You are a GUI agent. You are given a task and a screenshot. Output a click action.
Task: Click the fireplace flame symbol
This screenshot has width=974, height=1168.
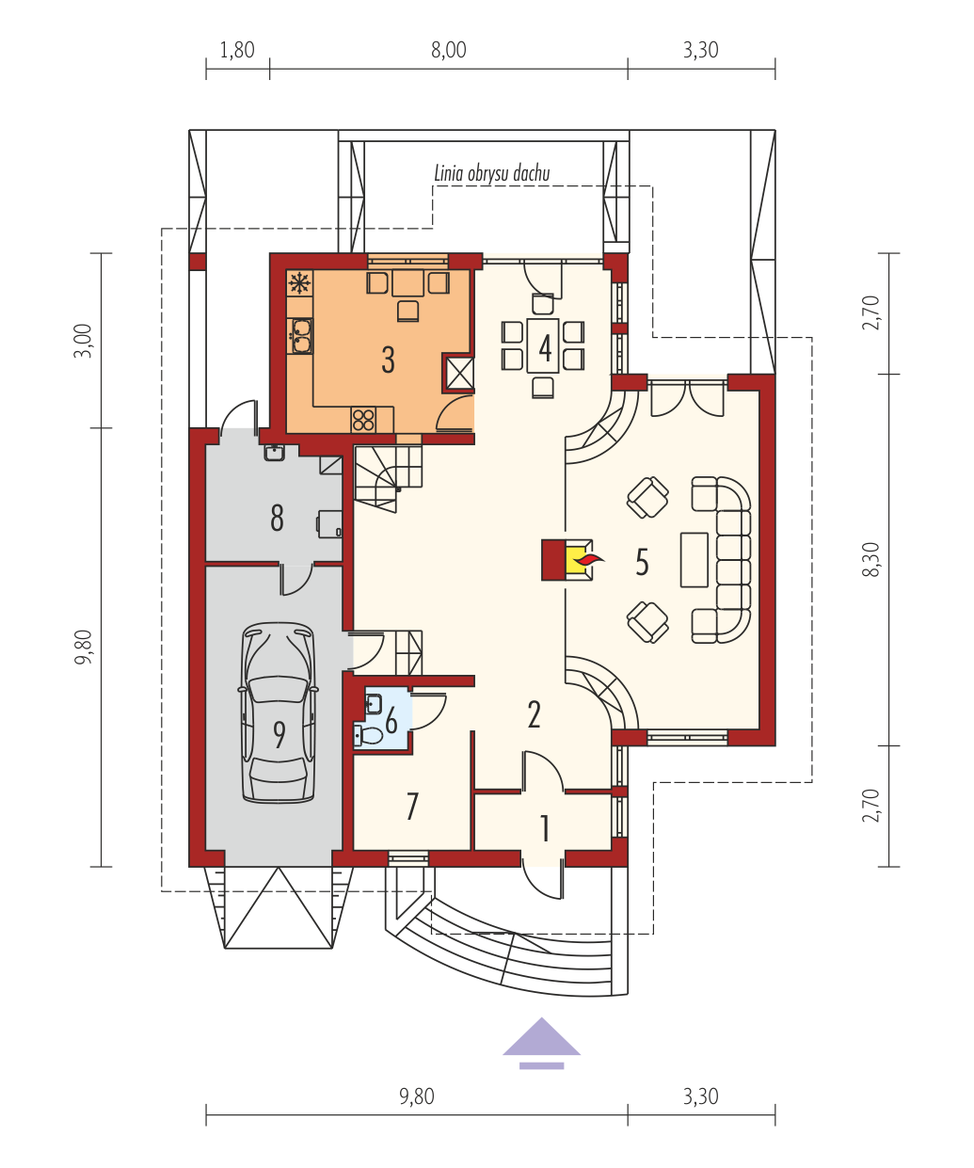(590, 558)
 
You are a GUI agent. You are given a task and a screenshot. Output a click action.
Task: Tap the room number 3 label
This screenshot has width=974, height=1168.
(388, 360)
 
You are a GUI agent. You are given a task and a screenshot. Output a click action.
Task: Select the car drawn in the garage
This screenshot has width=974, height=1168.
(278, 712)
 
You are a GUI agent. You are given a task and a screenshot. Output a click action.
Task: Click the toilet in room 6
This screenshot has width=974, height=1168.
(368, 735)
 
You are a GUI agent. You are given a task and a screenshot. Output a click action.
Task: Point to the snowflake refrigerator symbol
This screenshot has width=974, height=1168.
(300, 283)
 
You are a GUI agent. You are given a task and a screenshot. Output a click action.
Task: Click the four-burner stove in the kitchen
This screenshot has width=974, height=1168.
(363, 420)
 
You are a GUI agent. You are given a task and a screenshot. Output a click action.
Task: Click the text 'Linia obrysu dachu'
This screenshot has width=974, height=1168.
(492, 173)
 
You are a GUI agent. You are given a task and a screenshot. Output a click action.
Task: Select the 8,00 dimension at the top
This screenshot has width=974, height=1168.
(448, 50)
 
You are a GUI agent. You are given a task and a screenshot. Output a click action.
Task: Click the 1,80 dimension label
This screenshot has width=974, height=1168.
(236, 50)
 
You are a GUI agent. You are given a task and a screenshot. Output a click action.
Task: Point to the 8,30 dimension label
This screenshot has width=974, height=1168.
(870, 559)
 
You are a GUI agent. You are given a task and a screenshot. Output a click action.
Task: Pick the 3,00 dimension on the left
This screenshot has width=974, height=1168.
(83, 341)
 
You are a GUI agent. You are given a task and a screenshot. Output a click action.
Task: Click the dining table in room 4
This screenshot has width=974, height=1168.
(543, 345)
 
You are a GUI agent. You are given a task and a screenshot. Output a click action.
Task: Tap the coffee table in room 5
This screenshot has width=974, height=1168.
(694, 559)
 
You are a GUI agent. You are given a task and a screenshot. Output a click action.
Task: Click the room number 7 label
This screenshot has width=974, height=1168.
(412, 806)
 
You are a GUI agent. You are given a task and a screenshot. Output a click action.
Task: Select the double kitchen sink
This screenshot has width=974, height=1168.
(300, 336)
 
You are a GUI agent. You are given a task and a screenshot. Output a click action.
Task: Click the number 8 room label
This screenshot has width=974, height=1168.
(277, 518)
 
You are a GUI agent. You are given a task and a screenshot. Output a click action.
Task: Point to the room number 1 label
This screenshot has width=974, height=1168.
(544, 828)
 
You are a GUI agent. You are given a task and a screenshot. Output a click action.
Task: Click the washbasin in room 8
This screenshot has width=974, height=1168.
(274, 452)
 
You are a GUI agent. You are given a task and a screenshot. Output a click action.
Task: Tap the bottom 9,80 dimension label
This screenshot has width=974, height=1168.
(416, 1096)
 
